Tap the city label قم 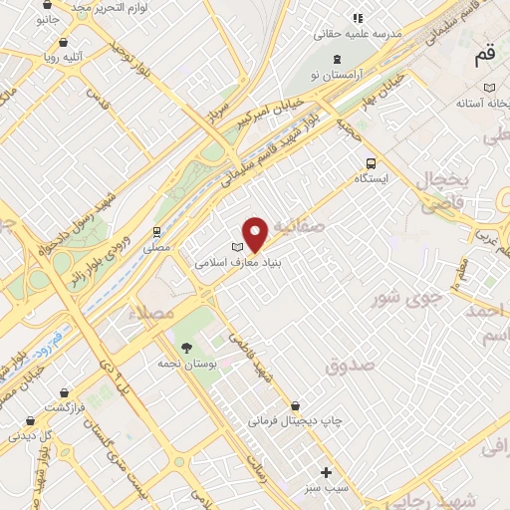484,58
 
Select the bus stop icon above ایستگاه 371,163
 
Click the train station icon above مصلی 156,230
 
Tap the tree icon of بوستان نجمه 186,347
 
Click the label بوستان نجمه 186,363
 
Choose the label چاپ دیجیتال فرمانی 296,421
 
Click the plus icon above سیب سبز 326,471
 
